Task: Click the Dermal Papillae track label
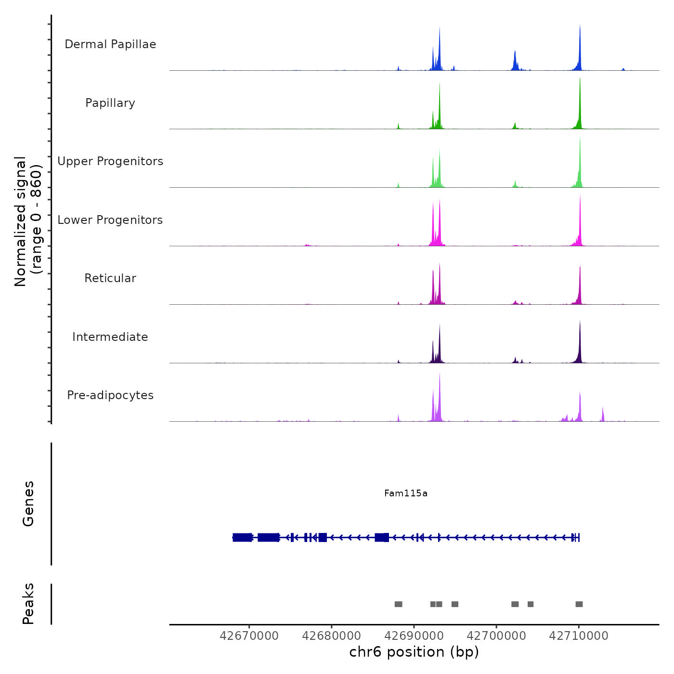pos(110,44)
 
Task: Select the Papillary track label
pos(110,103)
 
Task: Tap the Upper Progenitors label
pos(110,161)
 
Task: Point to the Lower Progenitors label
pos(110,220)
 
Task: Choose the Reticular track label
pos(110,278)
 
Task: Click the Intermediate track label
pos(110,337)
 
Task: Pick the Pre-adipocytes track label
pos(110,395)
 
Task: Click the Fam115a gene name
pos(406,493)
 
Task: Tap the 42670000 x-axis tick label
pos(249,636)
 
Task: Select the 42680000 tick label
pos(331,636)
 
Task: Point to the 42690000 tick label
pos(414,636)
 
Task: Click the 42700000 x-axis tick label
pos(496,636)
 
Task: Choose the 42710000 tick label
pos(579,636)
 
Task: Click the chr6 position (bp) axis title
pos(414,652)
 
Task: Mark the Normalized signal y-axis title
pos(28,221)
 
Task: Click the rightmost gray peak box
pos(579,604)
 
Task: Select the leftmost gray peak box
pos(398,604)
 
